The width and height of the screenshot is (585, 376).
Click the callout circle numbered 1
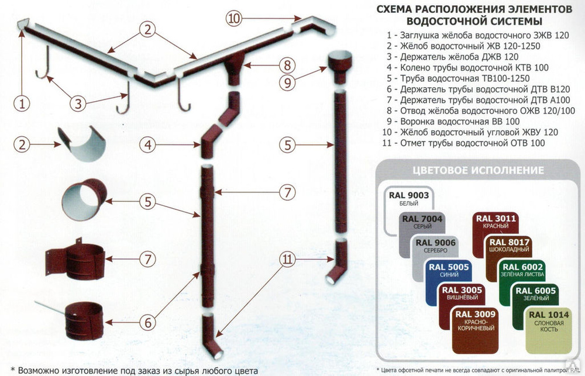click(21, 105)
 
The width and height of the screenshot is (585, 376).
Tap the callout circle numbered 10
click(233, 18)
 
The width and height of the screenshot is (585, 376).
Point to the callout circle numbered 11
click(287, 263)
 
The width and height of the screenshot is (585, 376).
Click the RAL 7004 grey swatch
click(419, 225)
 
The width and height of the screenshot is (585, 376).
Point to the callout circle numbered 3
click(80, 104)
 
